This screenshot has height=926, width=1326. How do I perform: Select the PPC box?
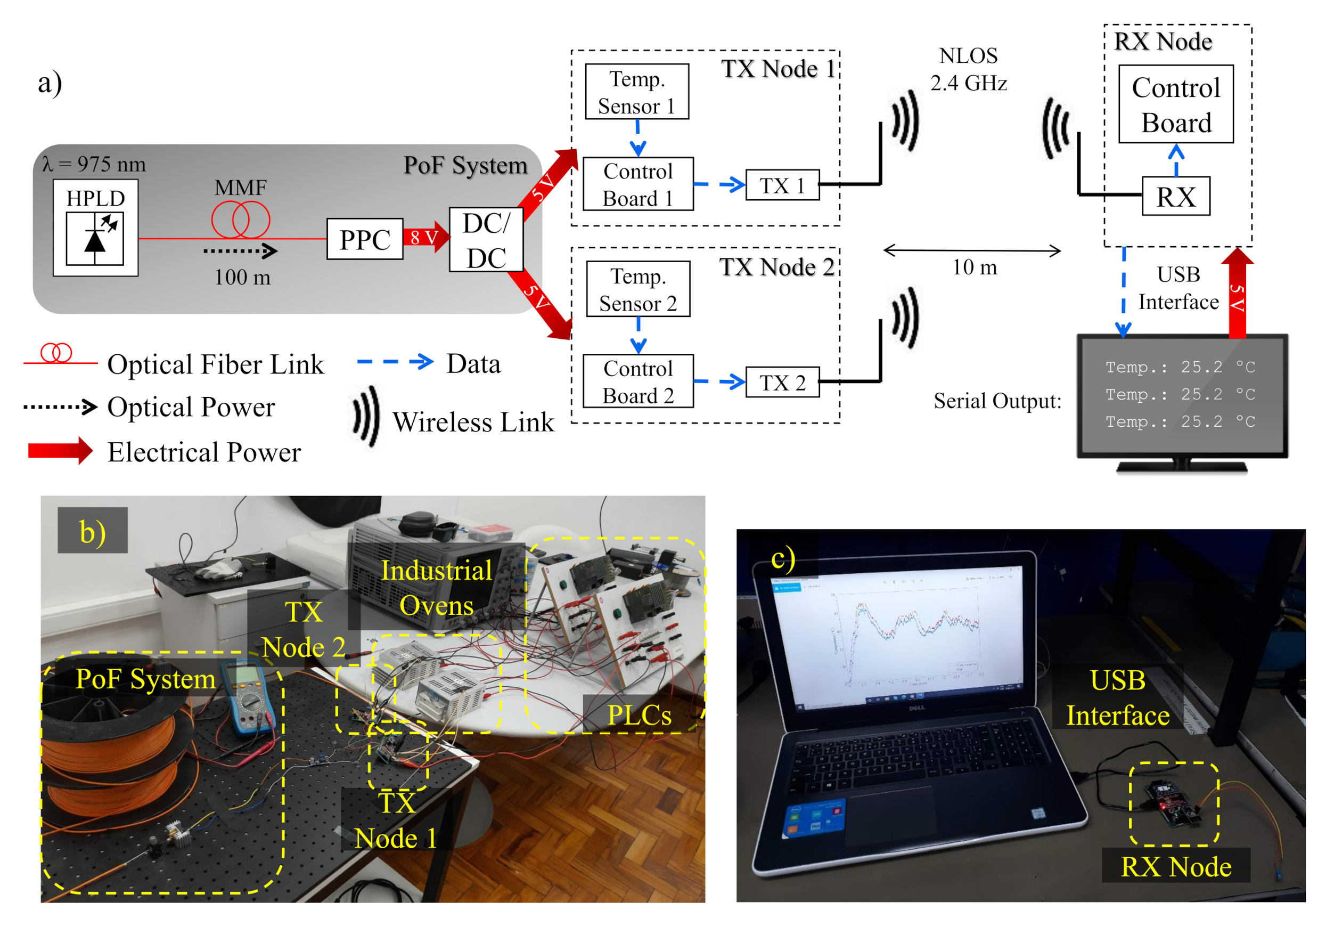pos(364,239)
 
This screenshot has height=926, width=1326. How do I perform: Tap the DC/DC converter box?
pos(486,240)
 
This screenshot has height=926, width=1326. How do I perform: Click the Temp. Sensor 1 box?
pos(637,92)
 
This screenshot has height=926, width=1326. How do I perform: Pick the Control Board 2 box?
pos(637,382)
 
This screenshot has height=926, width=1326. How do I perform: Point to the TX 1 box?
pos(782,185)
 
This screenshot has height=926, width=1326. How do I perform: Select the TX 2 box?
pos(782,383)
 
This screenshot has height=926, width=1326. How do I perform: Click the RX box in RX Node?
pos(1176,197)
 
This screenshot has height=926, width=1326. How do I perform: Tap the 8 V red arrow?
pos(425,237)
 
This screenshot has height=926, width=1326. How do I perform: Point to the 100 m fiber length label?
pos(242,277)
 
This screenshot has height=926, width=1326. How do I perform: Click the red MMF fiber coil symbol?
pos(240,220)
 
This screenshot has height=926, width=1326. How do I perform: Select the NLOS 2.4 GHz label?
pos(969,69)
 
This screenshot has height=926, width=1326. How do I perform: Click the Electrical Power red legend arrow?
pos(60,451)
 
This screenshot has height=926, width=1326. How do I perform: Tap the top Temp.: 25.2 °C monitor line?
pos(1180,367)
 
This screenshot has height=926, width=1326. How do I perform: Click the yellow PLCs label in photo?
pos(640,715)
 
